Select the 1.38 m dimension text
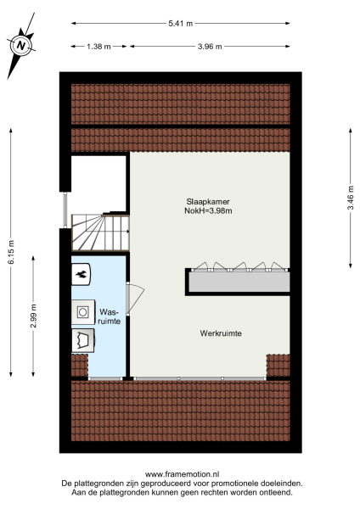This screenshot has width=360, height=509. click(98, 47)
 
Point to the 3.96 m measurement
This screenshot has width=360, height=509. click(209, 47)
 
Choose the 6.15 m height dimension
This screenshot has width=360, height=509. click(10, 252)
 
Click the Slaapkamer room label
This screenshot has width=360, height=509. click(209, 201)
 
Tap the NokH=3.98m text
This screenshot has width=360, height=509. click(209, 211)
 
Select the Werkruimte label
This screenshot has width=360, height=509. click(222, 333)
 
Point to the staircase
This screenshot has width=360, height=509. click(98, 231)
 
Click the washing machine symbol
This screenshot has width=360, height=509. click(83, 311)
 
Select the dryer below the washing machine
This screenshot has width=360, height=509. click(83, 341)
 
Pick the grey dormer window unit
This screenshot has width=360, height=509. click(237, 280)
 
